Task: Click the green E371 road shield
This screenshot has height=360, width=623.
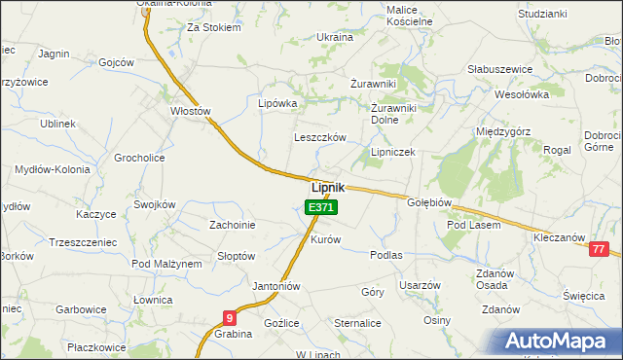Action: (320, 207)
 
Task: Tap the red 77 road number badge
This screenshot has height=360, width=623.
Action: (601, 249)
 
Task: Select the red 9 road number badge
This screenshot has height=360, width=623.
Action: (229, 317)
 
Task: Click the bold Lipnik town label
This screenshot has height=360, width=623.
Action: (327, 188)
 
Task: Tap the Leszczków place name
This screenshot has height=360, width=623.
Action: (320, 138)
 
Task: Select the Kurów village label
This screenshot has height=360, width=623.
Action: (325, 239)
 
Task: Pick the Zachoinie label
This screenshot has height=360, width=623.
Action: (233, 225)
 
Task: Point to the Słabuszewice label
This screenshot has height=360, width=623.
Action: (499, 69)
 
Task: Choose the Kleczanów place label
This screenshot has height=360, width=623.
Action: (559, 237)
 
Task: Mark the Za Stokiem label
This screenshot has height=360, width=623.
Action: (213, 28)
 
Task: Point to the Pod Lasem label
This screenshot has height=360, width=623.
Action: (473, 225)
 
